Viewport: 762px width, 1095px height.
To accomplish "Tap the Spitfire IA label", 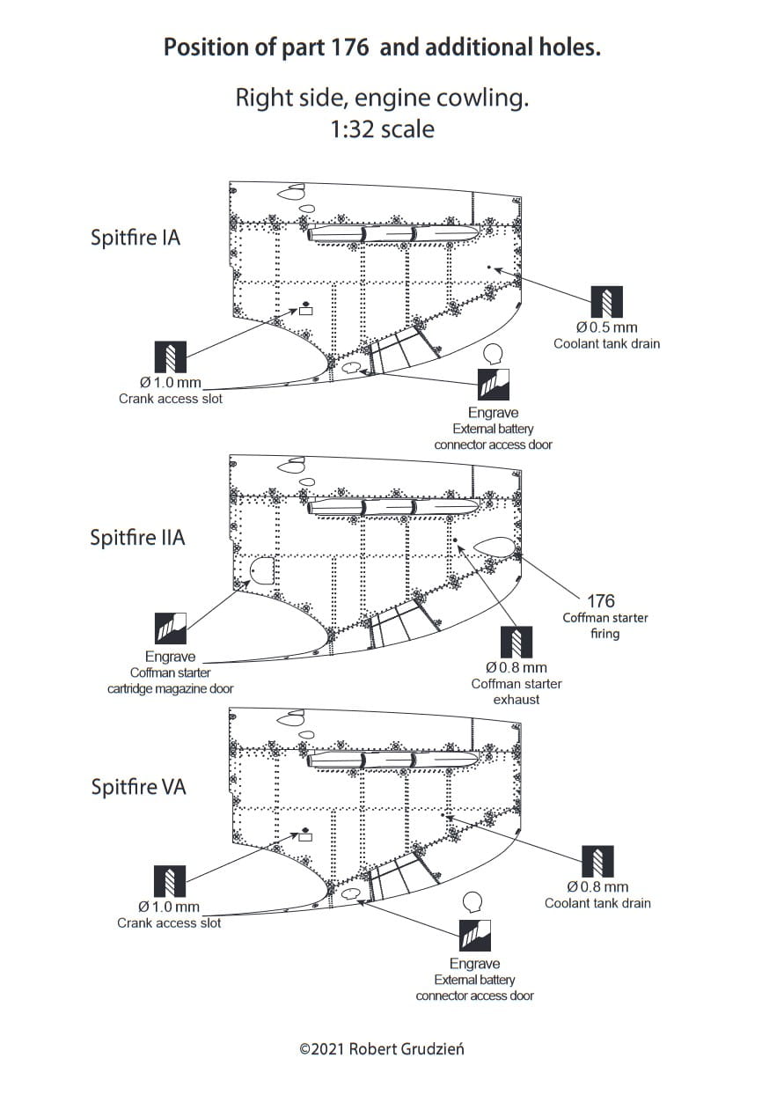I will [136, 238].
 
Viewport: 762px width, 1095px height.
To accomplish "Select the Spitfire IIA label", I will [138, 538].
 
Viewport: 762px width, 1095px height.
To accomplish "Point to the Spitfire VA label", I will [139, 787].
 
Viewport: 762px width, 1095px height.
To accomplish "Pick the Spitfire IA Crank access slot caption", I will [171, 399].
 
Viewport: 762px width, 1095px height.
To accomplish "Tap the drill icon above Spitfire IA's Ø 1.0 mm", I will [171, 356].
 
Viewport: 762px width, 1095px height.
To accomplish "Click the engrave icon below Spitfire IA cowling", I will [494, 384].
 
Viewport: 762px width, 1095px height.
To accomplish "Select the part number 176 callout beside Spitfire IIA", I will [601, 601].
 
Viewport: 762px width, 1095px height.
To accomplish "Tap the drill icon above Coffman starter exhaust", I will [517, 642].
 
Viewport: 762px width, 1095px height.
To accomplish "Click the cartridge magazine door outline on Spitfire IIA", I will [261, 573].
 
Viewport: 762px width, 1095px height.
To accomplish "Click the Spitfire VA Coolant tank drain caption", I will [597, 903].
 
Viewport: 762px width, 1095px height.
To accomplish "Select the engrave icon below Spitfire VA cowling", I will [476, 935].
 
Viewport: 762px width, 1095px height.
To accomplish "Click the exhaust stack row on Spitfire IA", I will [392, 234].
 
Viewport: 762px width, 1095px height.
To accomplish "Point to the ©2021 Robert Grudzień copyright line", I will [381, 1049].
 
